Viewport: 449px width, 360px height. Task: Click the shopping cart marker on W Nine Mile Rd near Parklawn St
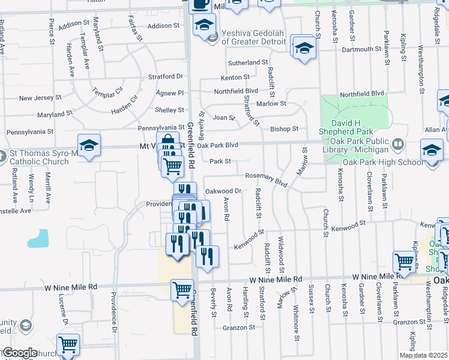coord(404,262)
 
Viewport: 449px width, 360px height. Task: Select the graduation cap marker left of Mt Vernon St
coord(89,145)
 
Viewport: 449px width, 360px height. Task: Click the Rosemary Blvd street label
coord(267,178)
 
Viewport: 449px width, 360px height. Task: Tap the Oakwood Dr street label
coord(223,191)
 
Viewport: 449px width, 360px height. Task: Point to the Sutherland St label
coord(247,62)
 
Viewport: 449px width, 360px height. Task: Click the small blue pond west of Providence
coord(38,238)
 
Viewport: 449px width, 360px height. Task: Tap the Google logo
coord(19,353)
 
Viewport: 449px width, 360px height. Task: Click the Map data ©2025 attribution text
coord(424,355)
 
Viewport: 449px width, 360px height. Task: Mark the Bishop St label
coord(284,128)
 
